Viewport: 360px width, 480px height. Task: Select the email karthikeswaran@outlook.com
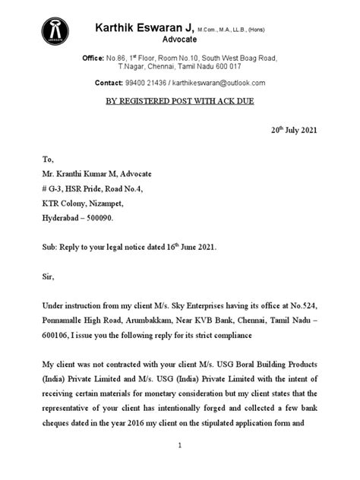(219, 83)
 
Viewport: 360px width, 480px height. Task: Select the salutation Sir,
(49, 279)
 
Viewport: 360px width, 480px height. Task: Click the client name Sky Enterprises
(201, 305)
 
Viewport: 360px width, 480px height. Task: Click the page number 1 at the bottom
(180, 447)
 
